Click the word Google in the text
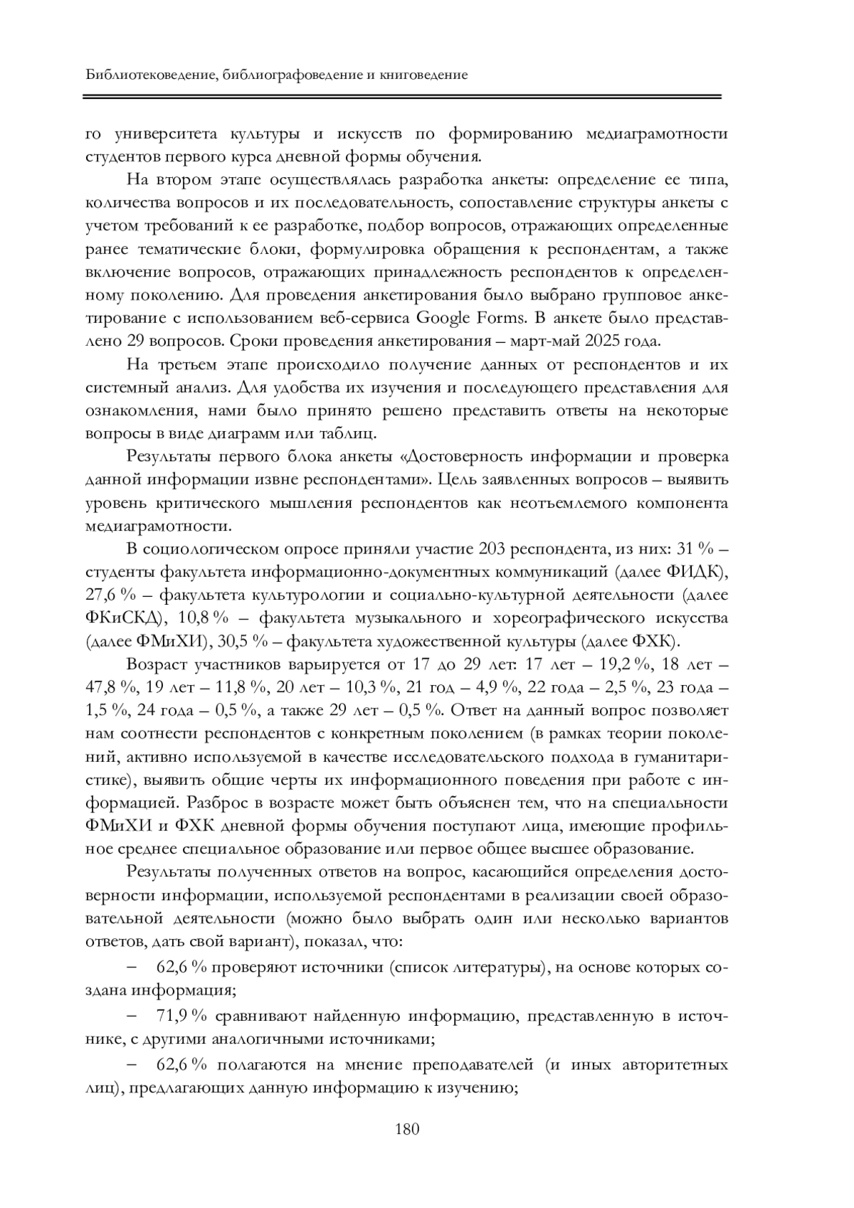point(442,317)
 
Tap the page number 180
point(407,1129)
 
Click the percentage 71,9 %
point(181,1017)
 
